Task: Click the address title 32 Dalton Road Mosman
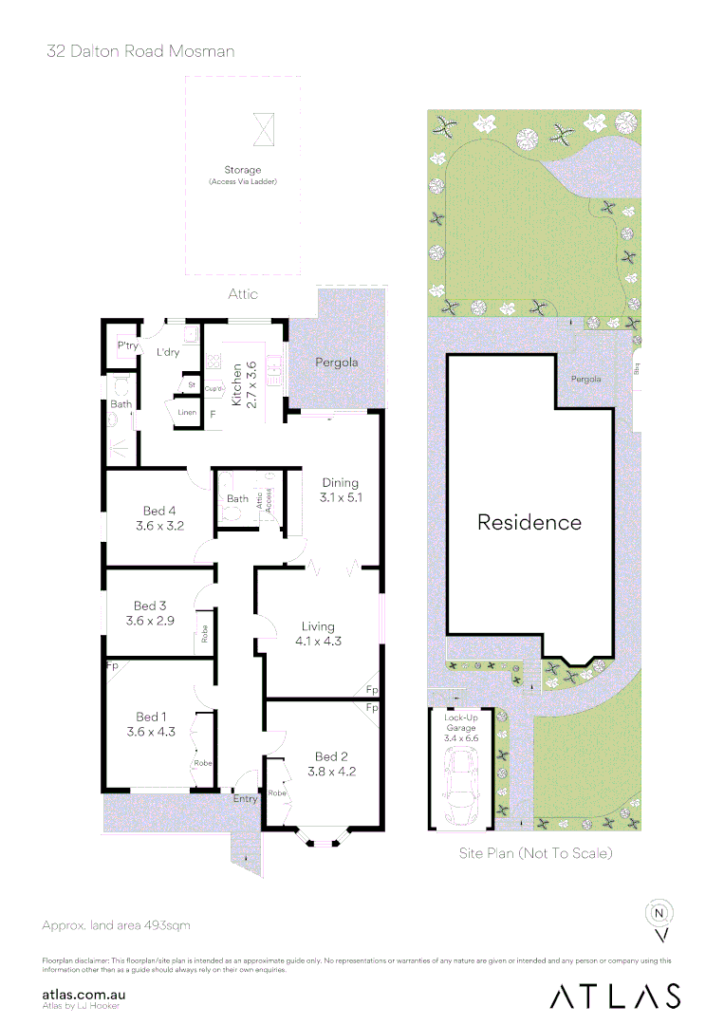[x=140, y=51]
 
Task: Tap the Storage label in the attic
[x=242, y=170]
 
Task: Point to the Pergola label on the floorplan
[x=337, y=363]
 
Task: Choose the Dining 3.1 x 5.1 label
[x=341, y=489]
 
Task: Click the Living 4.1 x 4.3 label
[x=318, y=633]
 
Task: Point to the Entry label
[x=245, y=799]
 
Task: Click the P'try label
[x=126, y=346]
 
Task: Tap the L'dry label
[x=168, y=352]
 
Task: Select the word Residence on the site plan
[x=529, y=522]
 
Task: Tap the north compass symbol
[x=659, y=913]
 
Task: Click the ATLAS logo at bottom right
[x=616, y=995]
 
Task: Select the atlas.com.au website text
[x=85, y=994]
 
